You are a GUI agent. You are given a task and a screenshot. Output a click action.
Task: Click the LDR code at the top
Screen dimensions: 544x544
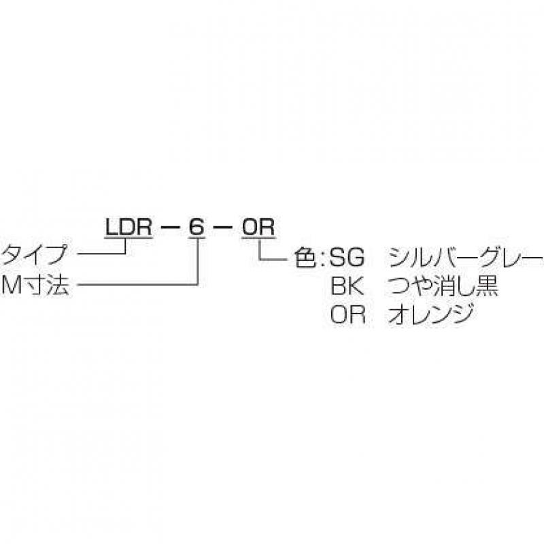pyautogui.click(x=129, y=227)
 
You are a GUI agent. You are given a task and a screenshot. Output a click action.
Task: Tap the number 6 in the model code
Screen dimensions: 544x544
pyautogui.click(x=197, y=227)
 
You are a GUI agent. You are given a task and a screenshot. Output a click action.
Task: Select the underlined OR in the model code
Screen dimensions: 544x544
pyautogui.click(x=258, y=227)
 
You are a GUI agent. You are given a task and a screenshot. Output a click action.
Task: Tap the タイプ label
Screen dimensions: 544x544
pyautogui.click(x=34, y=254)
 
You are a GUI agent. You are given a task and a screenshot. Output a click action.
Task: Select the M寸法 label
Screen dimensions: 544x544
pyautogui.click(x=36, y=285)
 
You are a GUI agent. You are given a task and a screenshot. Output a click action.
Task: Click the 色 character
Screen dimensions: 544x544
pyautogui.click(x=305, y=258)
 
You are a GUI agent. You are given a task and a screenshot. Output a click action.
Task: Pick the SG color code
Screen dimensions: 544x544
pyautogui.click(x=347, y=258)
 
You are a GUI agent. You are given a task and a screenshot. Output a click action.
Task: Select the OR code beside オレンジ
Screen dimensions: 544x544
pyautogui.click(x=347, y=315)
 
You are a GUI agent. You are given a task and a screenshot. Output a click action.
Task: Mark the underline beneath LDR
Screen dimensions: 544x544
pyautogui.click(x=129, y=237)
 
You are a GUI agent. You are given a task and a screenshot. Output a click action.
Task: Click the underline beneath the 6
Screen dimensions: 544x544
pyautogui.click(x=197, y=237)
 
